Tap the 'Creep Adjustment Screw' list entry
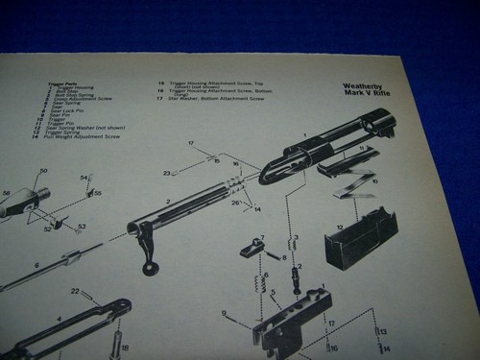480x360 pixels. click(82, 98)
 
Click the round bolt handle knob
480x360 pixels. click(151, 270)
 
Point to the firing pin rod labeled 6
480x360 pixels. click(58, 268)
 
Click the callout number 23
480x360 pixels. click(166, 173)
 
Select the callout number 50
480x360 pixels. click(42, 171)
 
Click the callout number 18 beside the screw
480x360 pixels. click(124, 348)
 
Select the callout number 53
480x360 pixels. click(81, 228)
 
